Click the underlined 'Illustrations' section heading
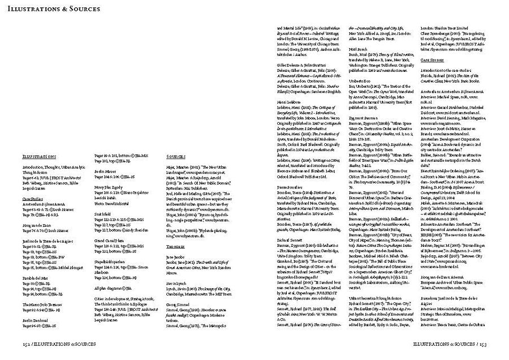39,156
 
